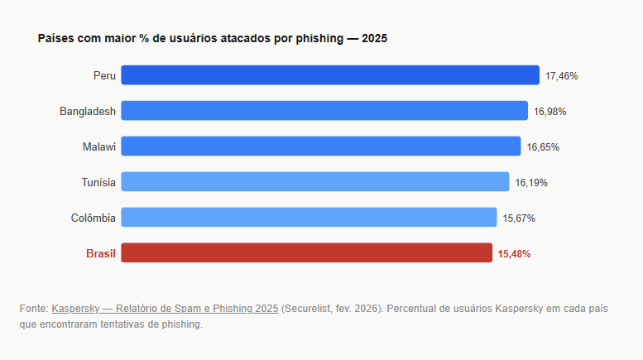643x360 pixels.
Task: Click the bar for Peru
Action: tap(330, 75)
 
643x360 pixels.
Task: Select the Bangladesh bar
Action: tap(324, 111)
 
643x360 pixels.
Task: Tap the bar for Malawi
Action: tap(321, 146)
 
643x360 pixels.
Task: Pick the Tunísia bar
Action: tap(315, 182)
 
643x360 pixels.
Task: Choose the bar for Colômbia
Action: tap(309, 218)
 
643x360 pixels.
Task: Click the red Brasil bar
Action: tap(307, 253)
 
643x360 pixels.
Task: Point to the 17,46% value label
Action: tap(561, 76)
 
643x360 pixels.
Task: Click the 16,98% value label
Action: tap(549, 112)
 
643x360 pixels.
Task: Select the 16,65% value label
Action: tap(543, 147)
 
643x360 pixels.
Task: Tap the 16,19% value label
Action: tap(531, 183)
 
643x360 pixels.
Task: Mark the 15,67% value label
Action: tap(519, 218)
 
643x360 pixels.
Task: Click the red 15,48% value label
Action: tap(514, 254)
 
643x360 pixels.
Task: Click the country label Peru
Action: tap(104, 75)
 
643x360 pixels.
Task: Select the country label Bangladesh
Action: tap(88, 111)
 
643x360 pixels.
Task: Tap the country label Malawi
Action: tap(99, 146)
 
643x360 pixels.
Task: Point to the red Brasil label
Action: tap(101, 253)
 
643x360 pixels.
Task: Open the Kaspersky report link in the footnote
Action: tap(165, 309)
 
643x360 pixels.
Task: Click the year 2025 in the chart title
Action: tap(375, 39)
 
